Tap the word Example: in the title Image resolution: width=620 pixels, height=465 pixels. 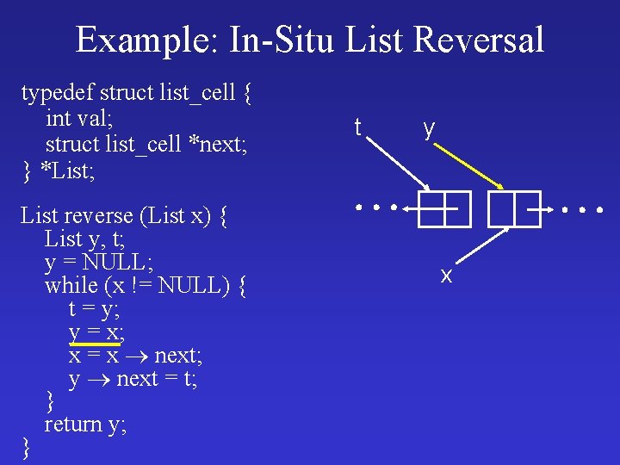139,40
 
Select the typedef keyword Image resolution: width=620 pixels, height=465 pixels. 57,91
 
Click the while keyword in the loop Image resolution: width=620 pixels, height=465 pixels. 71,284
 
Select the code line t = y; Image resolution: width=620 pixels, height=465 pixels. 94,308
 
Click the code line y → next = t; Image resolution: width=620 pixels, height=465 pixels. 133,379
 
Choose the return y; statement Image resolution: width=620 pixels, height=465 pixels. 85,424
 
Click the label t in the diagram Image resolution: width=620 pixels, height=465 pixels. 357,128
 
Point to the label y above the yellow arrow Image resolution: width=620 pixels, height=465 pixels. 429,128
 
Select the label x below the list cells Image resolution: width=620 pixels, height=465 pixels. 446,276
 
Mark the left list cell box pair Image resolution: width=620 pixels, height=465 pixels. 444,208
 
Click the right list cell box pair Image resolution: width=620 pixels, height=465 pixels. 514,208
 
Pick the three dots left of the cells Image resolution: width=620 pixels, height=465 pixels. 377,208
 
